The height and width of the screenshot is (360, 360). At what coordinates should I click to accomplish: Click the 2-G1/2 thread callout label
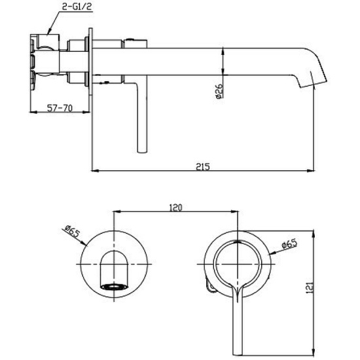[x=77, y=7]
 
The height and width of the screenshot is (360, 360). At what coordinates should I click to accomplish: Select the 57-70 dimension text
[x=60, y=108]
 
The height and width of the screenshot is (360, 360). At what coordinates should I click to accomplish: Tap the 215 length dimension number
[x=203, y=166]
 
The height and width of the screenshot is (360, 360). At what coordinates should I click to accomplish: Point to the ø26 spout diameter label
[x=219, y=91]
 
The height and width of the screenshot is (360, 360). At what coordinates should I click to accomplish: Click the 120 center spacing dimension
[x=175, y=207]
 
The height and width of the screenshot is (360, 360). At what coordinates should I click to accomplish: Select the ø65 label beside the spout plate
[x=72, y=232]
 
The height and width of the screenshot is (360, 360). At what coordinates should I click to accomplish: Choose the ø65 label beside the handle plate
[x=289, y=244]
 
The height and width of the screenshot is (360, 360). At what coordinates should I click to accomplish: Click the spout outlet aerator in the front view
[x=114, y=287]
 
